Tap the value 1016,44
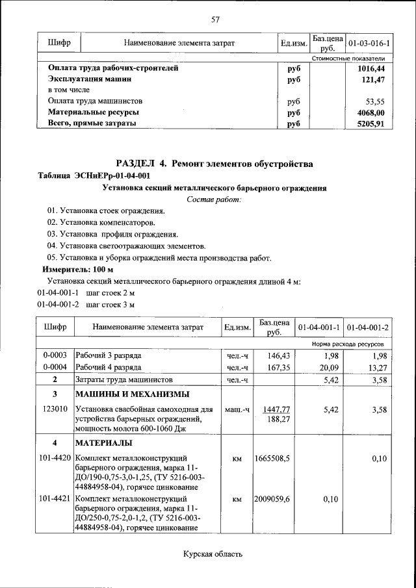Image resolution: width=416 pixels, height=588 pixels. (x=371, y=68)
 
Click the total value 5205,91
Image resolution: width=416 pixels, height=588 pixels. (x=371, y=123)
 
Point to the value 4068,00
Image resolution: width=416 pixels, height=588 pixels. (x=371, y=112)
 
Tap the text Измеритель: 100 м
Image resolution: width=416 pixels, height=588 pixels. (x=78, y=269)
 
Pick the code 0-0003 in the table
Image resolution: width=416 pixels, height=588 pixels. (x=55, y=356)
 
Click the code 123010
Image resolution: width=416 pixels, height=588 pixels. (x=55, y=409)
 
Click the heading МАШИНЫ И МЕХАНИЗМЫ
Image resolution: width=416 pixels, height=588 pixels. (x=133, y=394)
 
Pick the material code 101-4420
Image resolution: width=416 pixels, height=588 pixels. (x=55, y=459)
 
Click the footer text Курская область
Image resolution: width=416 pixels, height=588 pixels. (x=213, y=554)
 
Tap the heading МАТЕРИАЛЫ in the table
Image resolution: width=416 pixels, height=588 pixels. (x=104, y=443)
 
